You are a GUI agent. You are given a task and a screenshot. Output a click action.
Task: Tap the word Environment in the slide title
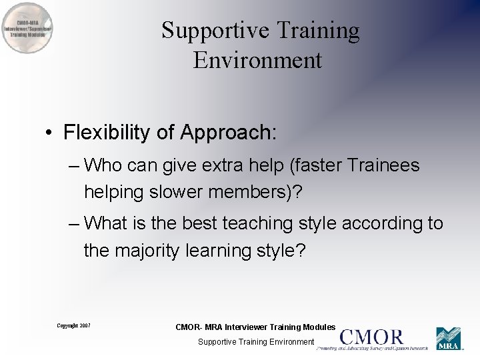pyautogui.click(x=258, y=60)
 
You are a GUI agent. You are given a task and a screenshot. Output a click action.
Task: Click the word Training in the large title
pyautogui.click(x=318, y=31)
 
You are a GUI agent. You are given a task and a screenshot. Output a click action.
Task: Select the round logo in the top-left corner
pyautogui.click(x=27, y=29)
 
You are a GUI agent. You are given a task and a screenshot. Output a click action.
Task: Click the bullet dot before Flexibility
pyautogui.click(x=49, y=133)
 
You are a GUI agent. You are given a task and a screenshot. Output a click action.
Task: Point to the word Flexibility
pyautogui.click(x=107, y=133)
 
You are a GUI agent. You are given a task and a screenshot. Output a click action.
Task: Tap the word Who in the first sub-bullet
pyautogui.click(x=104, y=165)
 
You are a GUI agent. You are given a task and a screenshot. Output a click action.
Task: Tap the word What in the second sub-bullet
pyautogui.click(x=106, y=223)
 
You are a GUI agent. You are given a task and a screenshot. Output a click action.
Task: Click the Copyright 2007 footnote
pyautogui.click(x=73, y=325)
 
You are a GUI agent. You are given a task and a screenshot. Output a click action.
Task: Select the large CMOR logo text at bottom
pyautogui.click(x=372, y=337)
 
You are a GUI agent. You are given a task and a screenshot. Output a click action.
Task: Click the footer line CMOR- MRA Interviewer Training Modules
pyautogui.click(x=255, y=327)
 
